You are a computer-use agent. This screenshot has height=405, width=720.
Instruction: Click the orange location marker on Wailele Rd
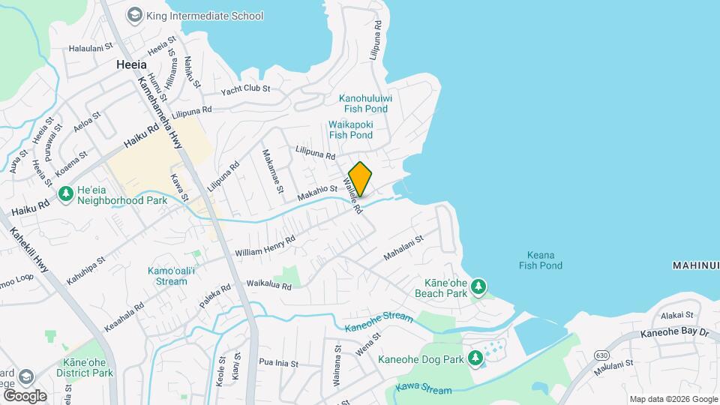tap(360, 178)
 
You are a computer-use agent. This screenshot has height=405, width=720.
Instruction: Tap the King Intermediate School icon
tap(134, 14)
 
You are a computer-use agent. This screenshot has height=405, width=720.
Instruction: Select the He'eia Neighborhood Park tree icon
tap(66, 194)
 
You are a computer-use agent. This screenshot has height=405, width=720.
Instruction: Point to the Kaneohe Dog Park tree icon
tap(475, 358)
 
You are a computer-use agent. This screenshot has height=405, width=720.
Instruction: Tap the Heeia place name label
tap(131, 65)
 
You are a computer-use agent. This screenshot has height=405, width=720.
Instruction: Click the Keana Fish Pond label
tap(540, 259)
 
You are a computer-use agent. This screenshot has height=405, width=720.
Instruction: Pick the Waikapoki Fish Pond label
tap(350, 130)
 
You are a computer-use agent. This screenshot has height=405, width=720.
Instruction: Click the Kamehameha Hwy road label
tap(160, 112)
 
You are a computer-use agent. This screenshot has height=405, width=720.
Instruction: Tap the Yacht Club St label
tap(245, 90)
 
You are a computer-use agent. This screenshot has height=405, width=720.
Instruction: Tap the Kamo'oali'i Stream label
tap(167, 275)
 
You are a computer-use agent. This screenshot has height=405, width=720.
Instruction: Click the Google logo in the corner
tap(25, 395)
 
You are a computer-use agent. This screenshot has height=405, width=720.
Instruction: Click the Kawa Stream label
tap(424, 390)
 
